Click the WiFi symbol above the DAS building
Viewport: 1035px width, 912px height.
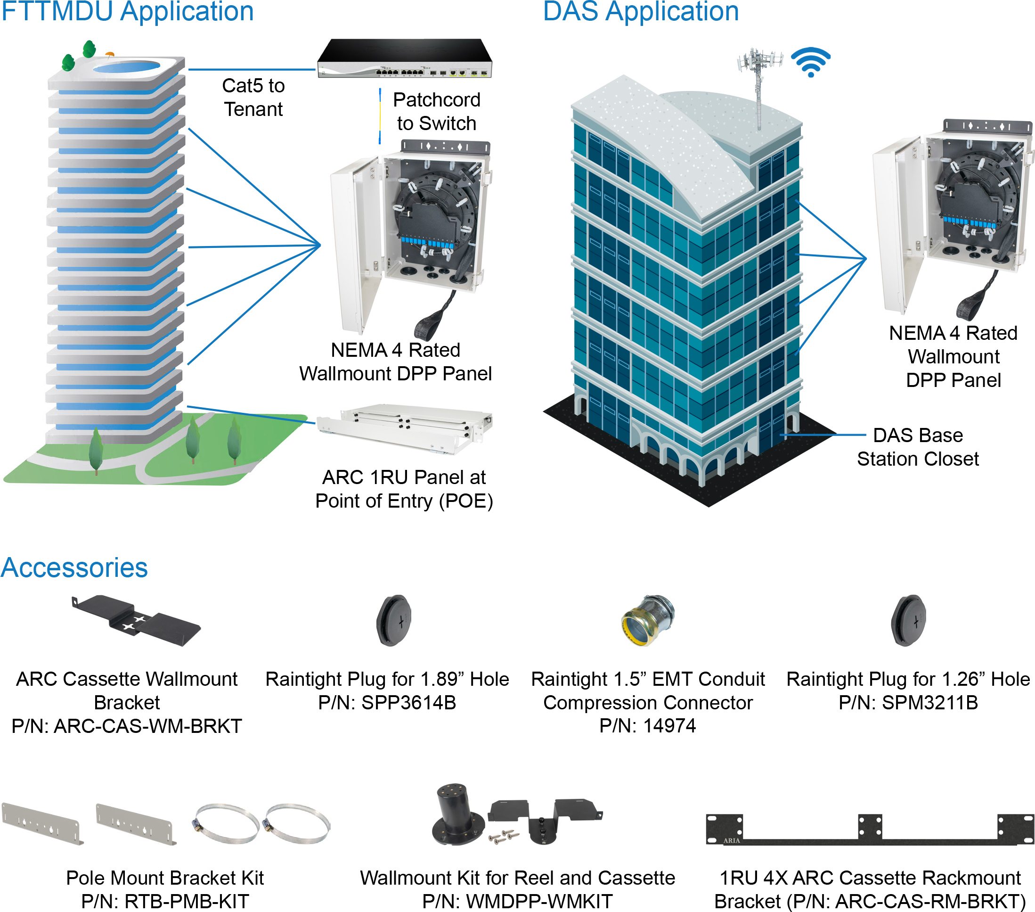[811, 62]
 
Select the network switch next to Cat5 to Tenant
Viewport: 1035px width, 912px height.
[405, 59]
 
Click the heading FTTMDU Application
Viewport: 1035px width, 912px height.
[127, 12]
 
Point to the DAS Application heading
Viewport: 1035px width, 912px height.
[641, 12]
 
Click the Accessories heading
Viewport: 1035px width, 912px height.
[74, 567]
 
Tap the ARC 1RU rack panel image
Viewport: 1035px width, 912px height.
[405, 428]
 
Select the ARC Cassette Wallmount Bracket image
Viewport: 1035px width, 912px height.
[136, 620]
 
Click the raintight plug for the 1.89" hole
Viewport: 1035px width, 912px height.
[393, 620]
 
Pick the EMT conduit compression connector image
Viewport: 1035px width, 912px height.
[648, 620]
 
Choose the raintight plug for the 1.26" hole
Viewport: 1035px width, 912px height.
[908, 620]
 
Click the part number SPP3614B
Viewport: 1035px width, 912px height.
[408, 703]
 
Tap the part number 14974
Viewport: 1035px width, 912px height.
[669, 726]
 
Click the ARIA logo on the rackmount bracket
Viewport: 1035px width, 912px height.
[731, 840]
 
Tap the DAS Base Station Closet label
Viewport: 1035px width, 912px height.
[918, 447]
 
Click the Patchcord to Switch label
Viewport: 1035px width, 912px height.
[437, 111]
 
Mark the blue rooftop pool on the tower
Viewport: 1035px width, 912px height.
[127, 66]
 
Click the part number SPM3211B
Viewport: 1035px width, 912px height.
[929, 703]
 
